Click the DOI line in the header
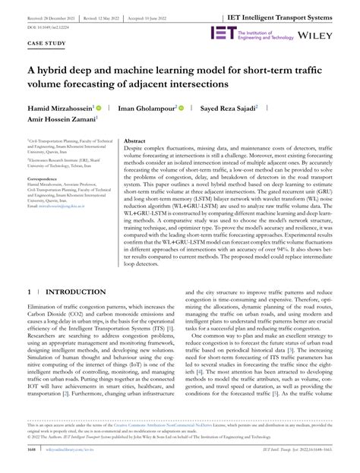pyautogui.click(x=47, y=25)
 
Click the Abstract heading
pyautogui.click(x=134, y=141)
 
